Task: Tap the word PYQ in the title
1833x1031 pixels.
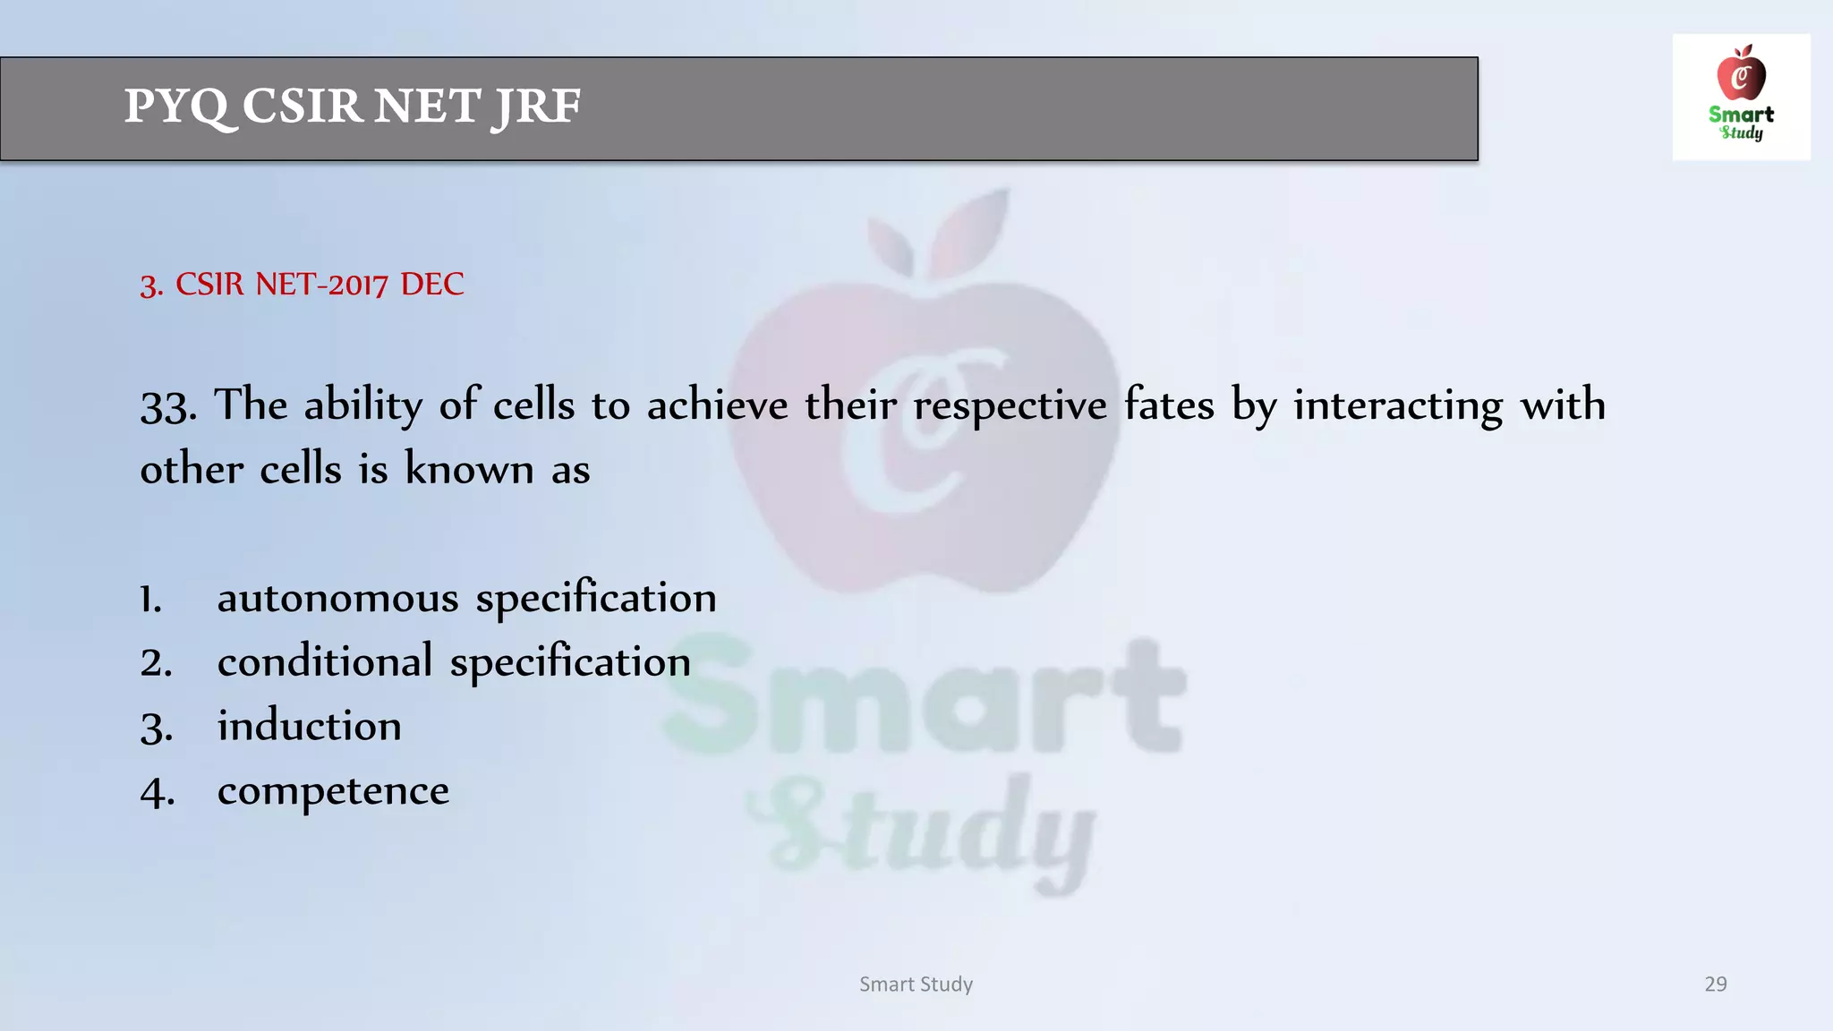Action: pos(176,107)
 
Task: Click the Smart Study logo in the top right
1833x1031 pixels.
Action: pos(1741,97)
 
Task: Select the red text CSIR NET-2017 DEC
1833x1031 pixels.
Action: pos(302,285)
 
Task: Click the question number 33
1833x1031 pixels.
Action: pos(167,406)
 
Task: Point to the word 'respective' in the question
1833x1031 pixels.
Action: pos(1010,406)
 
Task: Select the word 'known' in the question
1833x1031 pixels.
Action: pos(469,469)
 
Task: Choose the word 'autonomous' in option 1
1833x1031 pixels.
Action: pos(337,598)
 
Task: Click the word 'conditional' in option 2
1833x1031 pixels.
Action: pos(325,662)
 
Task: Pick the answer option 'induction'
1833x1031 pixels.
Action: pos(309,726)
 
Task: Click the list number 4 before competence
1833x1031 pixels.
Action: pos(157,792)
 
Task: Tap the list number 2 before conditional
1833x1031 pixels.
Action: pos(156,663)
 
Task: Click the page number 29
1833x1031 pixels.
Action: pos(1715,984)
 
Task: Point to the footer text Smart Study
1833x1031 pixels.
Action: pos(916,984)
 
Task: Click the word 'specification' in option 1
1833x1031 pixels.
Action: pos(596,598)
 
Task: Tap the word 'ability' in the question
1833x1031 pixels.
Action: pos(362,406)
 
